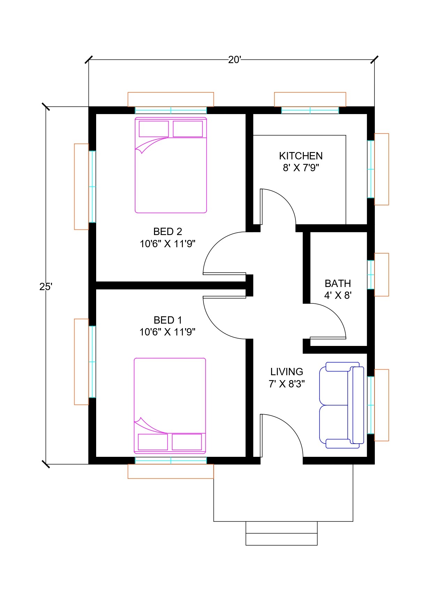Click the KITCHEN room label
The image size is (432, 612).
[x=301, y=156]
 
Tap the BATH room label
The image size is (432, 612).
[x=338, y=283]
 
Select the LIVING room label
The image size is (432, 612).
[x=287, y=372]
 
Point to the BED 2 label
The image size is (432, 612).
[x=168, y=232]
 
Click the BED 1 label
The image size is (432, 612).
[x=168, y=320]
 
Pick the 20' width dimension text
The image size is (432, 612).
[x=234, y=60]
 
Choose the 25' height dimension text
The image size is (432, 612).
[x=46, y=287]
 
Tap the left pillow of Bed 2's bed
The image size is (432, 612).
[x=154, y=129]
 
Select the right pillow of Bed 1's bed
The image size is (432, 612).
[x=187, y=442]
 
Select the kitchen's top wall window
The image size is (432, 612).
[x=310, y=110]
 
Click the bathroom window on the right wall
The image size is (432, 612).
[x=371, y=274]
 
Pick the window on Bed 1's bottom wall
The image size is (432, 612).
[x=171, y=461]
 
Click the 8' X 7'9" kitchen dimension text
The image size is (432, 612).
[x=301, y=168]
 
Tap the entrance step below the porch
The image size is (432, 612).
[x=281, y=533]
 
